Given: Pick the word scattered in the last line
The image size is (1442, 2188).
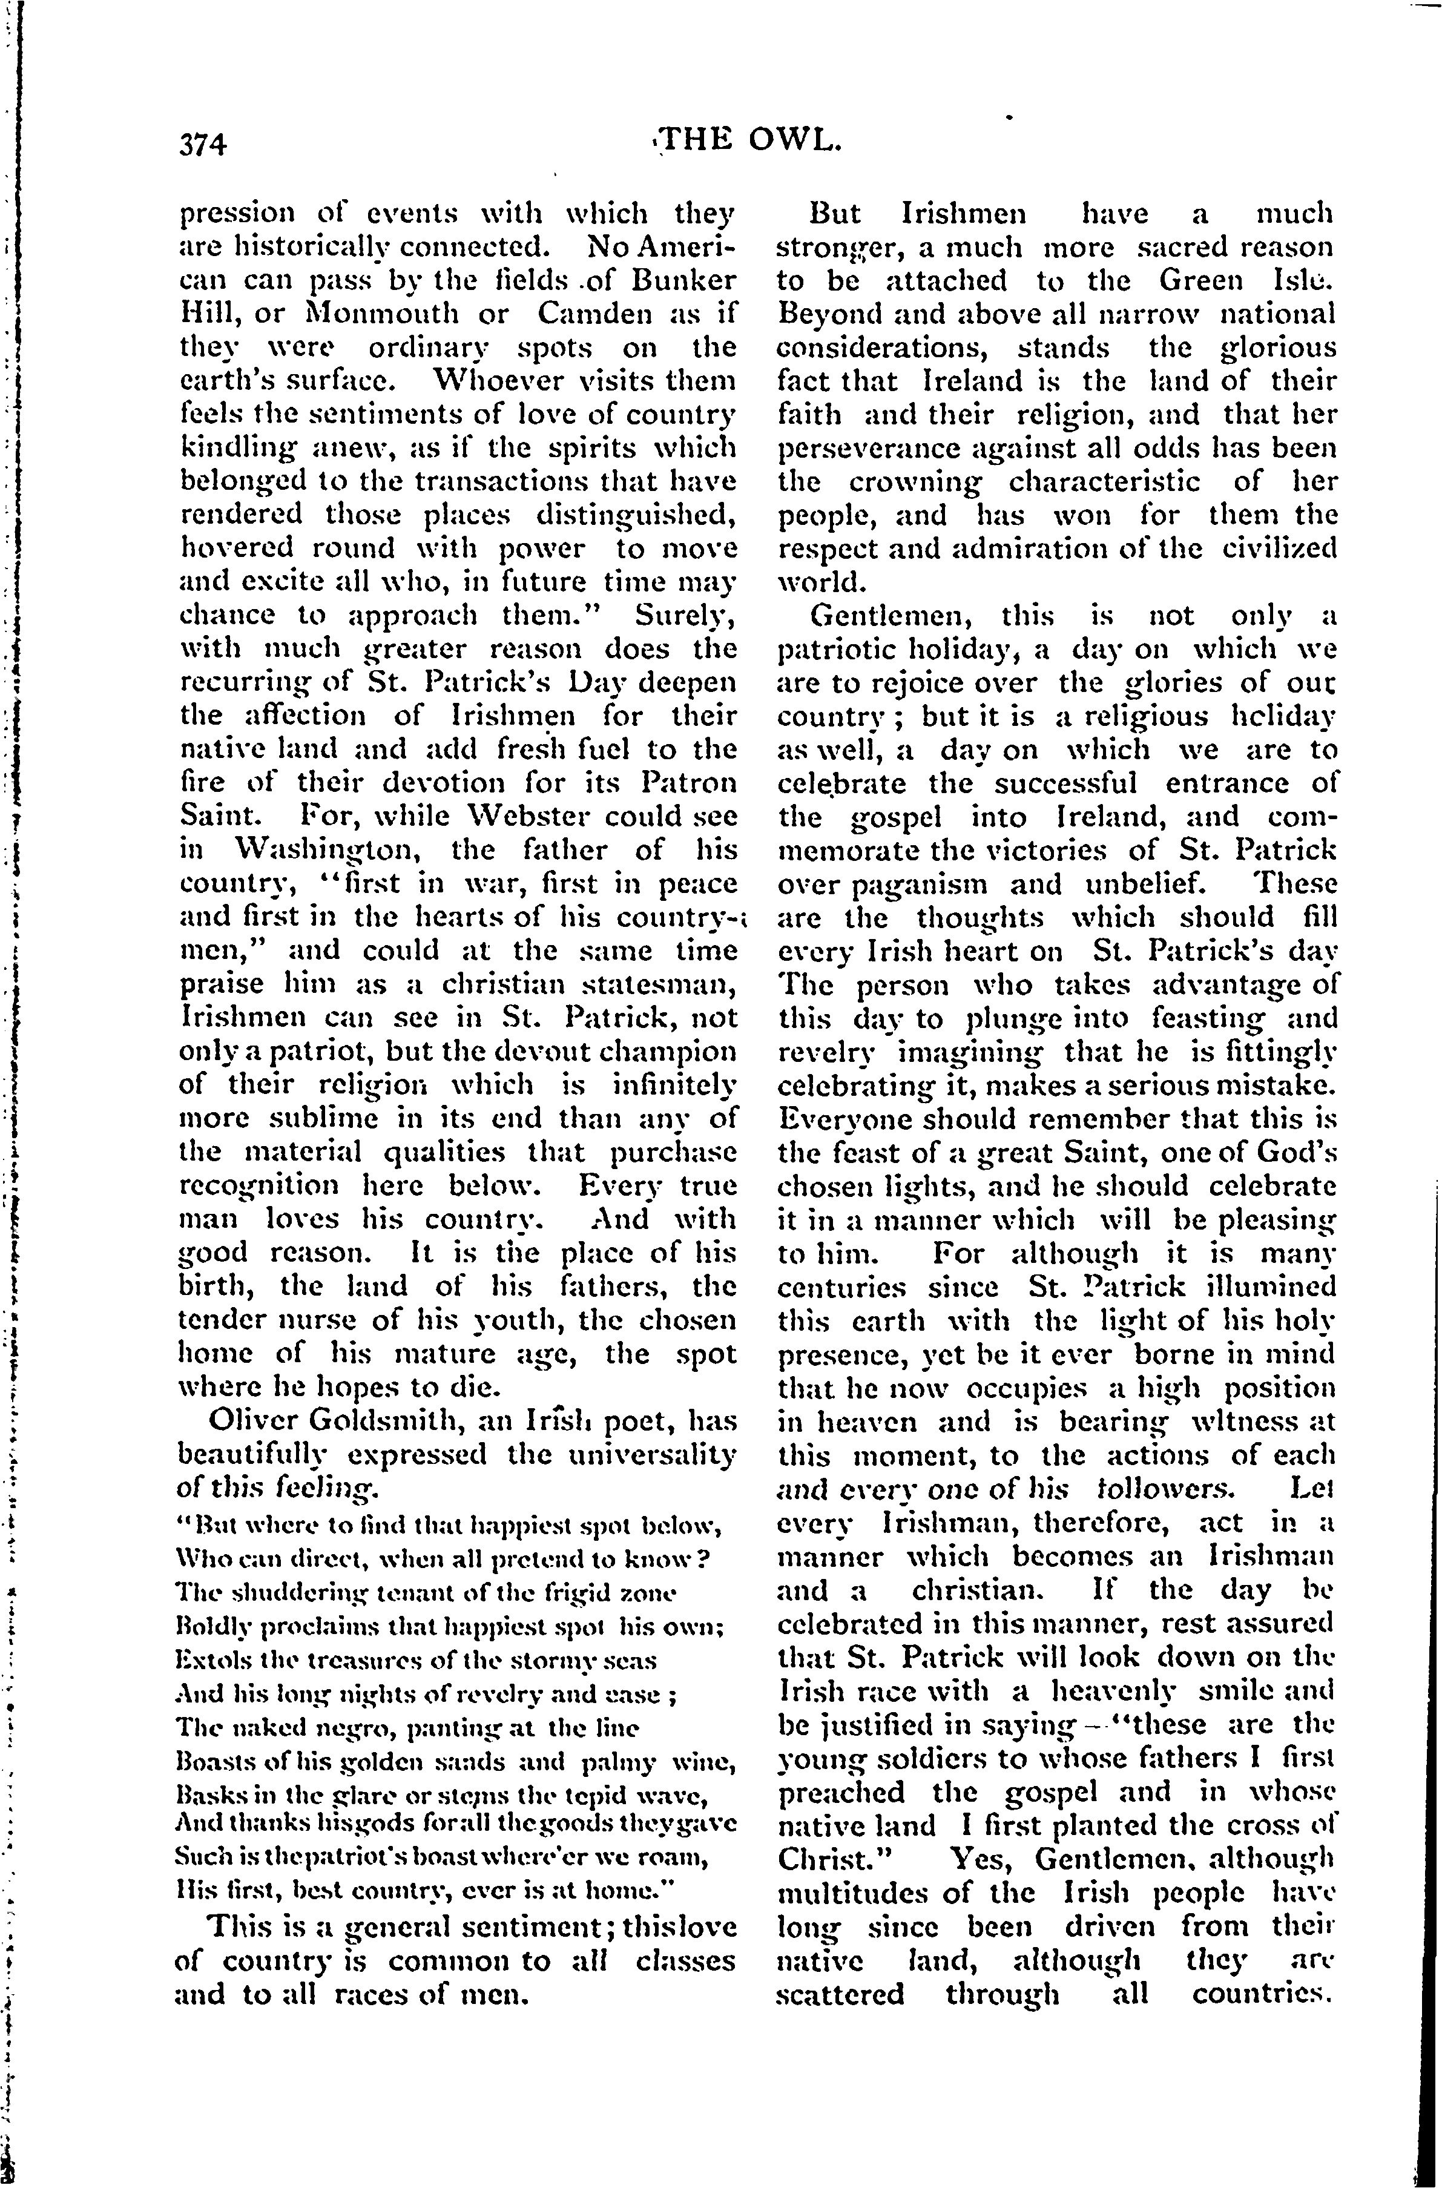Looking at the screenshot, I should tap(840, 1994).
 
